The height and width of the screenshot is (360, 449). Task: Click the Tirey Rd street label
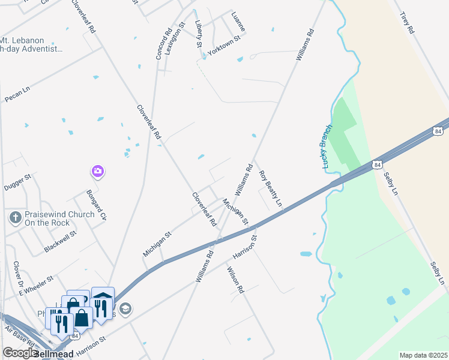[x=406, y=22]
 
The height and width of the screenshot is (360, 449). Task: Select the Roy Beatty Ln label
[x=270, y=189]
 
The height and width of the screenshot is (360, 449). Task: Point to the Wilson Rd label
[x=235, y=280]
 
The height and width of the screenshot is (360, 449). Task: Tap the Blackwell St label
[x=60, y=242]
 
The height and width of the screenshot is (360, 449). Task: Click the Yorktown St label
[x=223, y=44]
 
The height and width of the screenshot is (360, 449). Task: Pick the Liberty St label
[x=199, y=34]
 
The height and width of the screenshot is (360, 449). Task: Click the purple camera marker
[x=98, y=172]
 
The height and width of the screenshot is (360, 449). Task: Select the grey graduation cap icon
[x=125, y=309]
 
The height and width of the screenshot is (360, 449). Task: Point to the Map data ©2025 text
[x=423, y=355]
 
